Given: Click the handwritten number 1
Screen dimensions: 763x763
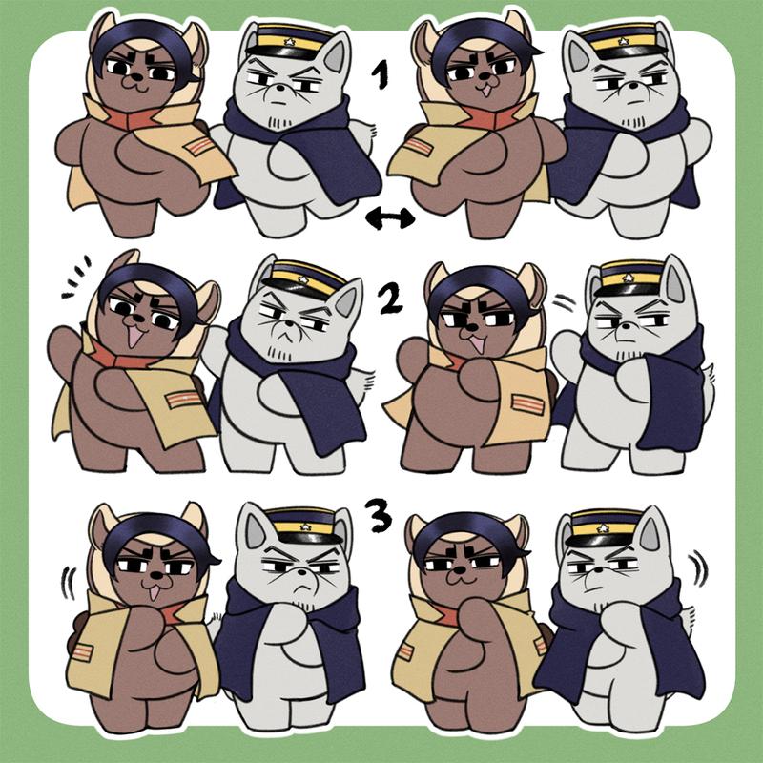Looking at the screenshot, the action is pyautogui.click(x=381, y=74).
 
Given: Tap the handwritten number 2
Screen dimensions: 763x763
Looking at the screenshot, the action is pyautogui.click(x=391, y=298).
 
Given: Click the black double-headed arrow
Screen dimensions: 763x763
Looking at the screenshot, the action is pyautogui.click(x=390, y=217).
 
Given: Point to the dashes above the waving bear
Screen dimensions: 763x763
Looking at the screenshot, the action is pyautogui.click(x=77, y=276).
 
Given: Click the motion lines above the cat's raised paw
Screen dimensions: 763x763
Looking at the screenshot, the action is pyautogui.click(x=564, y=302).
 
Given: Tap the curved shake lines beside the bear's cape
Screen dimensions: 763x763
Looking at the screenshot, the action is pyautogui.click(x=69, y=583).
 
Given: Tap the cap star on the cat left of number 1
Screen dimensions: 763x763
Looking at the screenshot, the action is pyautogui.click(x=291, y=42).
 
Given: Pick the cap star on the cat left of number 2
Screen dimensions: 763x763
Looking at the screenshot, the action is pyautogui.click(x=303, y=279).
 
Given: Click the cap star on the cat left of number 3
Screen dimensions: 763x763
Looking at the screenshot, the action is pyautogui.click(x=305, y=526).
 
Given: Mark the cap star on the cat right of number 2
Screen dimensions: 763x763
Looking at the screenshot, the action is pyautogui.click(x=629, y=278).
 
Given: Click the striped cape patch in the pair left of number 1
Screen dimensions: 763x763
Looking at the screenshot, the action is pyautogui.click(x=201, y=146).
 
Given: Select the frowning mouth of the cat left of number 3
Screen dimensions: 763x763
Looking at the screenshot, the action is pyautogui.click(x=302, y=587).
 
